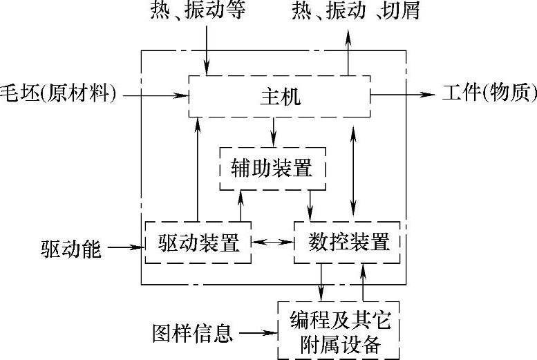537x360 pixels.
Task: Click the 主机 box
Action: (281, 95)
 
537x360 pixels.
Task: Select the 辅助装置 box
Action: (272, 168)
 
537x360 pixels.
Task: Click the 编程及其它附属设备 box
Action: (339, 331)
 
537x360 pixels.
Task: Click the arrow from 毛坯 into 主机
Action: (155, 95)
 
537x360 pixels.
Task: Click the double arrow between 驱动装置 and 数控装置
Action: (272, 243)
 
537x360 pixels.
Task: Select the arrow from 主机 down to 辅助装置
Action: (274, 131)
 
